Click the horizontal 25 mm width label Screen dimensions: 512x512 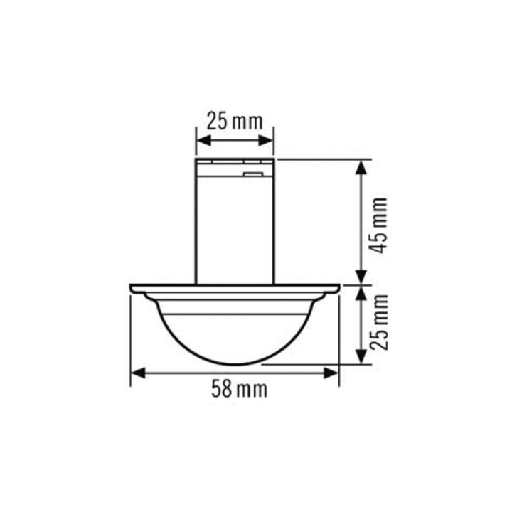pyautogui.click(x=235, y=122)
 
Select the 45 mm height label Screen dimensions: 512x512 pyautogui.click(x=378, y=225)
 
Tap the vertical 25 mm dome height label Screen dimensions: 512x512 pyautogui.click(x=379, y=322)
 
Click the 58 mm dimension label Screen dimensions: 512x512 pyautogui.click(x=240, y=389)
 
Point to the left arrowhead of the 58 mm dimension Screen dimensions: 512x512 pyautogui.click(x=138, y=373)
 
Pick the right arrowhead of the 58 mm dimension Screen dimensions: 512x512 pyautogui.click(x=331, y=373)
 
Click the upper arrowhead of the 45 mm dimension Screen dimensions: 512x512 pyautogui.click(x=361, y=168)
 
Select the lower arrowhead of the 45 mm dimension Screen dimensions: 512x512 pyautogui.click(x=361, y=277)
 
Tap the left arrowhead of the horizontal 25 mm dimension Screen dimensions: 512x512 pyautogui.click(x=204, y=141)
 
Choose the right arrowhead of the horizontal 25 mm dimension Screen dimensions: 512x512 pyautogui.click(x=265, y=141)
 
